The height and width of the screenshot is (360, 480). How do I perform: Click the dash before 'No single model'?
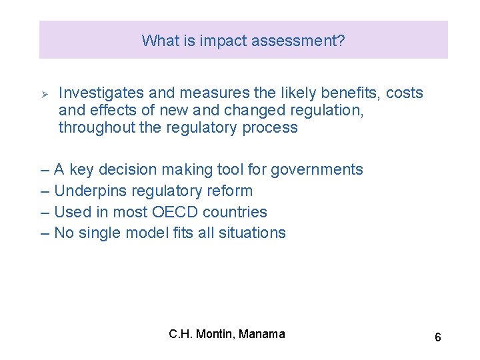pyautogui.click(x=45, y=233)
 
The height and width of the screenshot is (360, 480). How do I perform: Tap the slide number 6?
pyautogui.click(x=437, y=337)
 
